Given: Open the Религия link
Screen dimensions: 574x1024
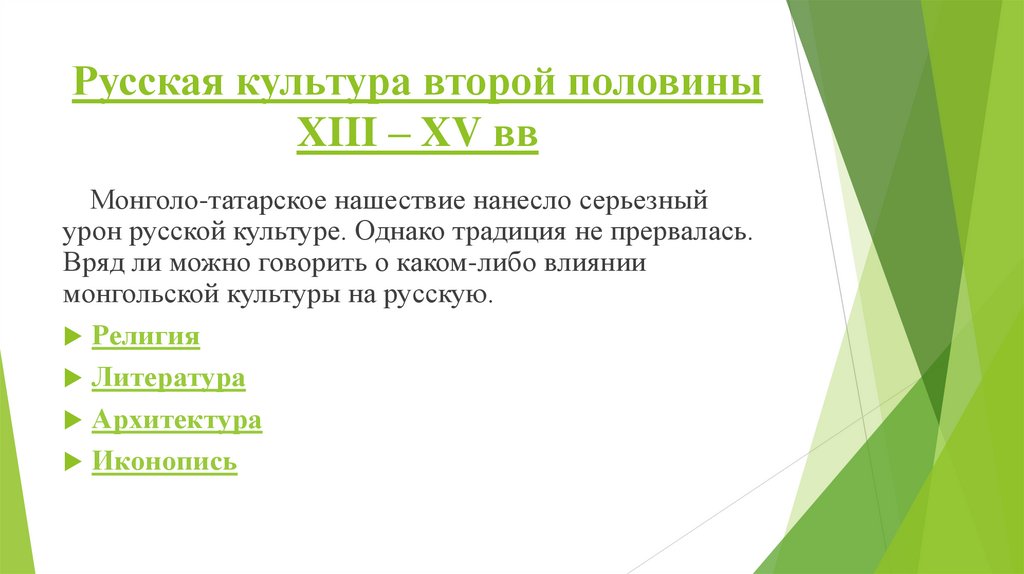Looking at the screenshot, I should [x=146, y=336].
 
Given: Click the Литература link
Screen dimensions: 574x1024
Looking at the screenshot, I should [x=168, y=378].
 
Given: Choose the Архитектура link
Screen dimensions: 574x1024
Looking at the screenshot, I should [x=177, y=420].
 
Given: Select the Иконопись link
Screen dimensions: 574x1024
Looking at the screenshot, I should [x=165, y=462].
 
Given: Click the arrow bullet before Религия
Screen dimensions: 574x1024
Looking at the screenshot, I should [x=71, y=337].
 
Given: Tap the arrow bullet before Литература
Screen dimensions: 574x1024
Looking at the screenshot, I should [x=71, y=379].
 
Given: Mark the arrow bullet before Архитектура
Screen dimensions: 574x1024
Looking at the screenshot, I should [x=71, y=421].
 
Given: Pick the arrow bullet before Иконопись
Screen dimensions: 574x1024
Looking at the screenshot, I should [x=71, y=463].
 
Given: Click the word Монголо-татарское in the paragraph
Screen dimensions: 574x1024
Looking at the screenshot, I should [x=205, y=199].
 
